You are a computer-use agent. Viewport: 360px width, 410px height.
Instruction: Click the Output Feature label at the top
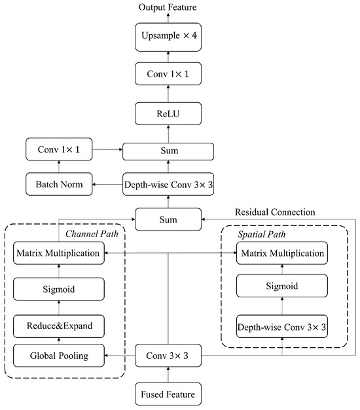[168, 7]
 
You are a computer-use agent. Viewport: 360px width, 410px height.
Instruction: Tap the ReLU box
[168, 114]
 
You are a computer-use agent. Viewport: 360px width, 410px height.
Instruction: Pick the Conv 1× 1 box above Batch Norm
[60, 150]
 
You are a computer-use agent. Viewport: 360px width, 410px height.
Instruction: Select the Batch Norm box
[60, 185]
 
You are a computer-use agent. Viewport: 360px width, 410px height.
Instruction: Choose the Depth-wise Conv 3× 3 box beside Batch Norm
[168, 185]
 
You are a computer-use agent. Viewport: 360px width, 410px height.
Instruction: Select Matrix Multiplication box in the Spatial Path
[281, 253]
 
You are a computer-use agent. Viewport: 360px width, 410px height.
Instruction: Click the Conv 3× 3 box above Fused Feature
[168, 357]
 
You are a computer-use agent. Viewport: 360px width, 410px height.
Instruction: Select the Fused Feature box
[168, 395]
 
